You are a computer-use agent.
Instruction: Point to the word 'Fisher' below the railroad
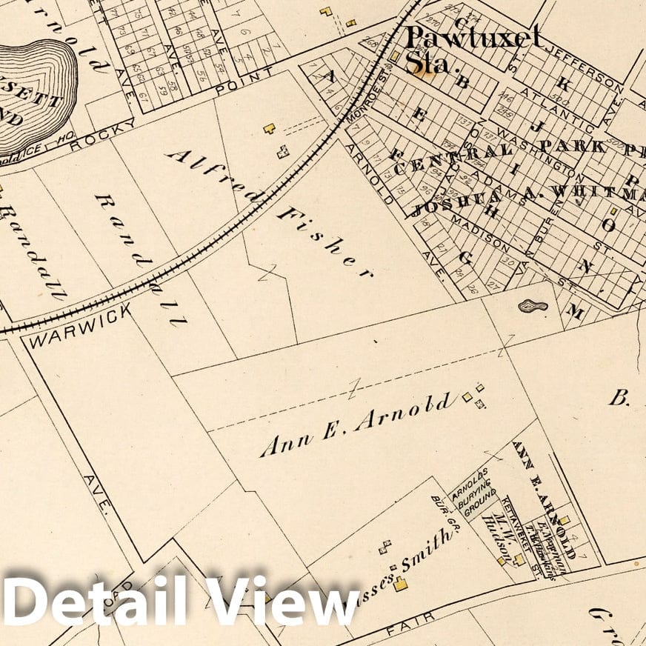[x=324, y=242]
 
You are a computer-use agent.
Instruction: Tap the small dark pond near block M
[x=533, y=305]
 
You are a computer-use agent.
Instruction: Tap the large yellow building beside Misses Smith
[x=401, y=585]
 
